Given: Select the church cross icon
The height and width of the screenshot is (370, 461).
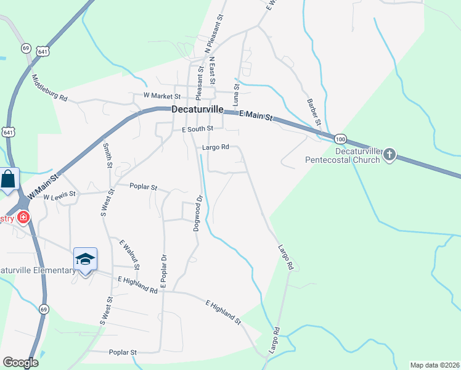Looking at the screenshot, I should point(389,155).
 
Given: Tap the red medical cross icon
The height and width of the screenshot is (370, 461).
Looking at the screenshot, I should point(23,217).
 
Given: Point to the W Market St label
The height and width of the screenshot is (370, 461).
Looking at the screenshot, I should point(161,96).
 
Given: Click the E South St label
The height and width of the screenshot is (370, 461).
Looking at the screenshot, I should point(197,129).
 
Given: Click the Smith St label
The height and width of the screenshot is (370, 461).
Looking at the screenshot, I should point(107,155).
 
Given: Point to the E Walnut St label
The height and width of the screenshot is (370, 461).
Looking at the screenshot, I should point(130,254).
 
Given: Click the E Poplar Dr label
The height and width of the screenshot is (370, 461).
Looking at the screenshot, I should point(164,274).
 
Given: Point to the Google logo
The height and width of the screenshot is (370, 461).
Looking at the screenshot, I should point(20,363).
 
